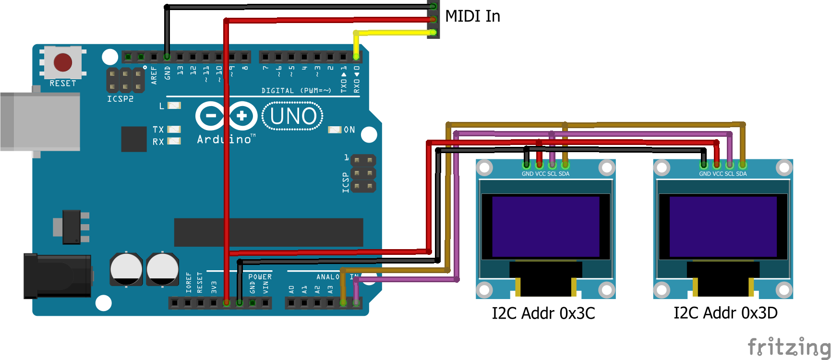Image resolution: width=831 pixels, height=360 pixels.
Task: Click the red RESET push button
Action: point(63,62)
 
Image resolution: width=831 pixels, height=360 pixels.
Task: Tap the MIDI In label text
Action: point(472,16)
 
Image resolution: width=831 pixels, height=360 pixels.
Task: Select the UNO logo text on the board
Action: point(293,116)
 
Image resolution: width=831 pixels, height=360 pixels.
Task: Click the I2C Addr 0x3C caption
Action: point(543,313)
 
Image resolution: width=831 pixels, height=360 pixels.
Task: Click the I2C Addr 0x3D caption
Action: point(725,313)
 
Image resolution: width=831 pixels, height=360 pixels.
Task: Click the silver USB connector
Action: point(40,122)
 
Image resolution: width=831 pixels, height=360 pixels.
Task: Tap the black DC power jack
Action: point(58,276)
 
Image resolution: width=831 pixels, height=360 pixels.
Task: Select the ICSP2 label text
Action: point(120,99)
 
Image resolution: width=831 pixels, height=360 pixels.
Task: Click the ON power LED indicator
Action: point(335,130)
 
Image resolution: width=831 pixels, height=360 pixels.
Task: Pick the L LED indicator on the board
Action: point(174,106)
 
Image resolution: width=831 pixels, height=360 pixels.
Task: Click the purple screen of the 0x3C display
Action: point(545,227)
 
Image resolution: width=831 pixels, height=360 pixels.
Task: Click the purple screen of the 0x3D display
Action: point(723,227)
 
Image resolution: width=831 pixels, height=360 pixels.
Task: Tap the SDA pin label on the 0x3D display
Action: point(741,174)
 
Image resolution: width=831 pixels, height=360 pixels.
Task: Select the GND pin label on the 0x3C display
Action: point(527,174)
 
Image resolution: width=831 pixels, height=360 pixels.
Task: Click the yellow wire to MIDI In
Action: point(394,33)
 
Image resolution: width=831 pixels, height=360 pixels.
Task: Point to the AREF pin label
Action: point(154,75)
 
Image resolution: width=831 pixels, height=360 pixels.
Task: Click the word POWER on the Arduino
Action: point(260,277)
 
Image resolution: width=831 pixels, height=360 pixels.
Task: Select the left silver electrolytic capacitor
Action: point(126,269)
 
